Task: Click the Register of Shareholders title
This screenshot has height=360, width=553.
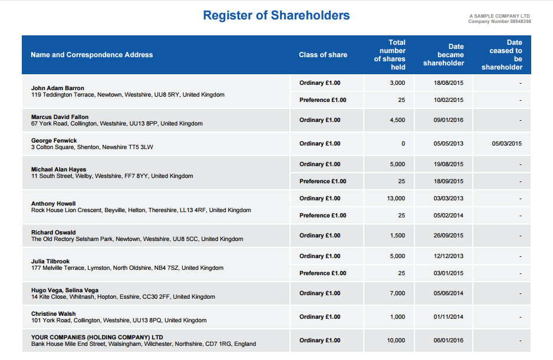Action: pyautogui.click(x=276, y=15)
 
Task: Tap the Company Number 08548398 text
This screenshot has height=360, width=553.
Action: pyautogui.click(x=499, y=22)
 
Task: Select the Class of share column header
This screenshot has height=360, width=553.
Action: pyautogui.click(x=322, y=55)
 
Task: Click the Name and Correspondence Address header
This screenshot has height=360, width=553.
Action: pyautogui.click(x=91, y=55)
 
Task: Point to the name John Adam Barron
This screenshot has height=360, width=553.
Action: pyautogui.click(x=58, y=88)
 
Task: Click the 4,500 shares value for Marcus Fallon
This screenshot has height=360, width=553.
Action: pyautogui.click(x=397, y=120)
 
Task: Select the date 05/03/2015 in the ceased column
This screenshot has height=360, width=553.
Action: pyautogui.click(x=506, y=144)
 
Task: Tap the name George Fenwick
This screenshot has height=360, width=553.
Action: pyautogui.click(x=54, y=141)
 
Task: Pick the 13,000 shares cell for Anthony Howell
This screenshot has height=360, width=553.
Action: pyautogui.click(x=396, y=199)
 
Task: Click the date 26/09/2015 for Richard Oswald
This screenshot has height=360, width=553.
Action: pyautogui.click(x=449, y=236)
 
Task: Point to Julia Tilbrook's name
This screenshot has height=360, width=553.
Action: pyautogui.click(x=50, y=261)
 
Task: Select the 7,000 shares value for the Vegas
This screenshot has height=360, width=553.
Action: pyautogui.click(x=397, y=293)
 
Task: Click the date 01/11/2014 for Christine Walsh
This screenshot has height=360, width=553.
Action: pyautogui.click(x=449, y=317)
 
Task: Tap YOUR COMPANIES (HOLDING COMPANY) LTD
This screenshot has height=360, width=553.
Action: pyautogui.click(x=97, y=338)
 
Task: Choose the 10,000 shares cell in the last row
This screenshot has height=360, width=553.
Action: pyautogui.click(x=396, y=341)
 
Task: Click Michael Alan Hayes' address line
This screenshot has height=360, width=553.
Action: pyautogui.click(x=112, y=176)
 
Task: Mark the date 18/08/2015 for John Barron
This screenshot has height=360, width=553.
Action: pyautogui.click(x=449, y=83)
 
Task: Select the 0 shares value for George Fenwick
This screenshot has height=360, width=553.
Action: pyautogui.click(x=403, y=144)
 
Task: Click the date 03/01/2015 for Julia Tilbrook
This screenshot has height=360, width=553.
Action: pyautogui.click(x=449, y=273)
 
